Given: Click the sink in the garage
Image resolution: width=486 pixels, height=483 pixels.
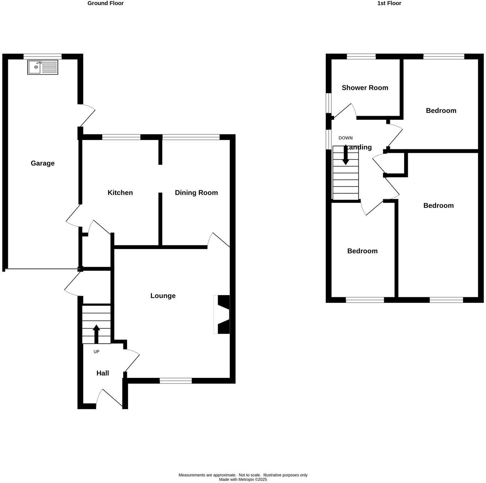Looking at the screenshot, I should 43,67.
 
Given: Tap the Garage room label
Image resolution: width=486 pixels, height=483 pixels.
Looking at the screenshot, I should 43,163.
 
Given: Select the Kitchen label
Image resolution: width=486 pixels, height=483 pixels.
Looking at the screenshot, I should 120,193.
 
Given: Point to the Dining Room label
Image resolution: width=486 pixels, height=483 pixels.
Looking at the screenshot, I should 196,193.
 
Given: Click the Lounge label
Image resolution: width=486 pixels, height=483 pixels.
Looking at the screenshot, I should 163,296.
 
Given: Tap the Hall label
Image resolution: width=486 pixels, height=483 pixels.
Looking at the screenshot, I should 103,373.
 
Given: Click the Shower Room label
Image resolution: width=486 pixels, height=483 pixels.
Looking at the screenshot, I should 365,88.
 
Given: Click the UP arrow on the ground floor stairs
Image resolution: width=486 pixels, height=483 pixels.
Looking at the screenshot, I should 96,334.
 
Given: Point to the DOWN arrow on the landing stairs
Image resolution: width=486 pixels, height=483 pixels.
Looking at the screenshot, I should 346,156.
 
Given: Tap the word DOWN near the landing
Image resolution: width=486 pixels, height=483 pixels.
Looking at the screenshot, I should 346,138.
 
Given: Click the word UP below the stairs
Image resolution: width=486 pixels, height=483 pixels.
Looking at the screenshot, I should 96,352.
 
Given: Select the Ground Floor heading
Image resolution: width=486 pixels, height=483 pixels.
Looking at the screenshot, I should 105,3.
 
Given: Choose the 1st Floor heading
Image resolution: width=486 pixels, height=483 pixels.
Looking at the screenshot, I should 389,3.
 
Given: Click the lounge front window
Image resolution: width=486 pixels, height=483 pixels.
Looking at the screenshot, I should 175,381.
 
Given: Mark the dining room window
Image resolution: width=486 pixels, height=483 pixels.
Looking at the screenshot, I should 191,137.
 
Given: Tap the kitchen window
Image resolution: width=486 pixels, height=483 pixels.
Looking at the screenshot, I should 121,137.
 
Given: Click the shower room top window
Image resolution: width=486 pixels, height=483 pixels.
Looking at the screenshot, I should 361,56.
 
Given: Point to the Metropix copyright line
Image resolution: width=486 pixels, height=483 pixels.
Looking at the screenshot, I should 243,479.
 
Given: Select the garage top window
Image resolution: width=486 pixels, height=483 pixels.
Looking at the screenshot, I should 43,56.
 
